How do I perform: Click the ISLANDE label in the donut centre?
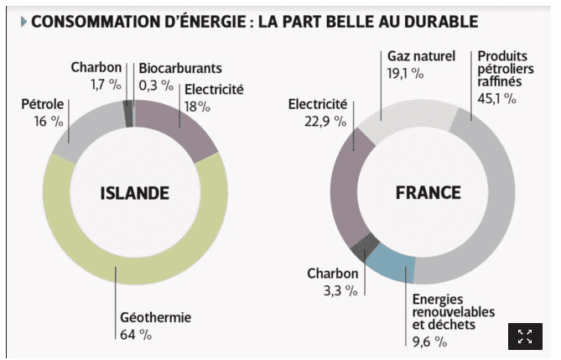point(135,193)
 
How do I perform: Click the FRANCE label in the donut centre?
point(428,193)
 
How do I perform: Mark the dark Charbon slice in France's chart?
point(361,244)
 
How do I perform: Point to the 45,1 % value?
point(496,99)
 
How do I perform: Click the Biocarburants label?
point(180,67)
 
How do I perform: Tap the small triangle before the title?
point(23,20)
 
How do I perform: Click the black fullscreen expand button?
point(525,337)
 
